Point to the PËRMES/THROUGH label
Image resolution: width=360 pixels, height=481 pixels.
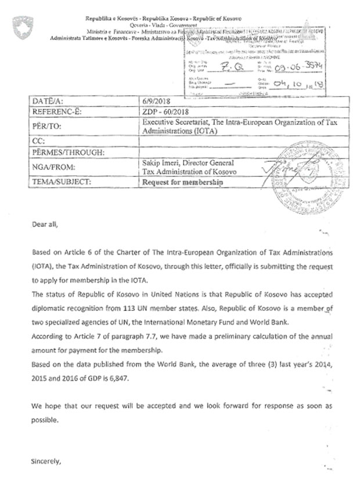tap(61, 153)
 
